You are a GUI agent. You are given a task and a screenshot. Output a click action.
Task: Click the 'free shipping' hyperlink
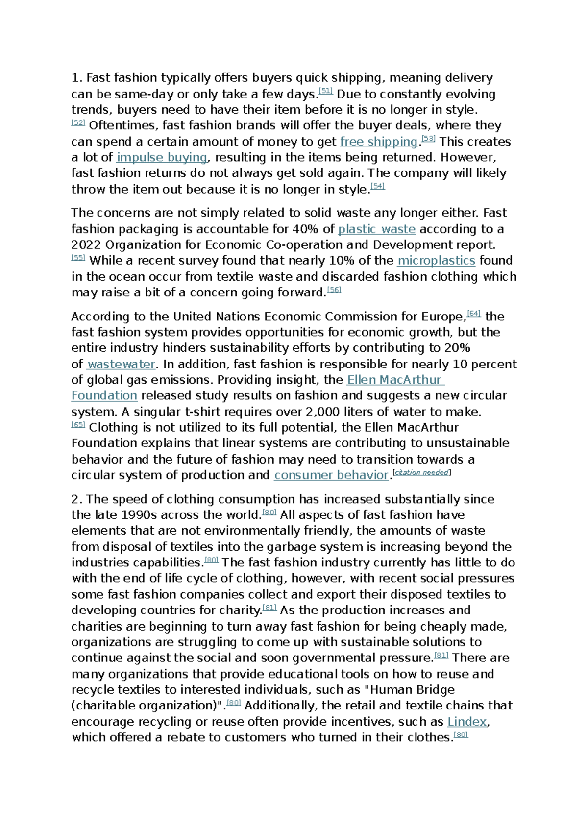(378, 142)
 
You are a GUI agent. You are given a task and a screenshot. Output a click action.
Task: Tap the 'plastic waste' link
(376, 229)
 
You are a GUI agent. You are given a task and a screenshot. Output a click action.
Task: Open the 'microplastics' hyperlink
(436, 261)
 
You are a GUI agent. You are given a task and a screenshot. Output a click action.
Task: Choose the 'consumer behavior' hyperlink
(331, 475)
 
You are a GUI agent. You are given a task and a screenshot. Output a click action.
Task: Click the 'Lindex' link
(467, 722)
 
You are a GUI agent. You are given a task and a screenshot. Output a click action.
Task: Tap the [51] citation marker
(326, 91)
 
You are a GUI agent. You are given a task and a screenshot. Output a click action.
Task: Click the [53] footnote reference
(428, 139)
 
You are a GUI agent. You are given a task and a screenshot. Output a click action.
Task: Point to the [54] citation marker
(378, 186)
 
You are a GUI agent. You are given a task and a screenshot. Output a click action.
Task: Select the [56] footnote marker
(334, 290)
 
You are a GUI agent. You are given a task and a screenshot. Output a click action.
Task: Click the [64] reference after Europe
(474, 314)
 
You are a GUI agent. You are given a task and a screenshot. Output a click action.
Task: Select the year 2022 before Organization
(86, 245)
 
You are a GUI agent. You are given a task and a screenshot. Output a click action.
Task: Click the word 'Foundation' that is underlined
(104, 396)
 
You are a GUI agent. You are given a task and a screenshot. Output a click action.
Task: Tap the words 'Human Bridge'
(413, 690)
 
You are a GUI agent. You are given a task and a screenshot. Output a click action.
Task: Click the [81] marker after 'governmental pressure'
(441, 655)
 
